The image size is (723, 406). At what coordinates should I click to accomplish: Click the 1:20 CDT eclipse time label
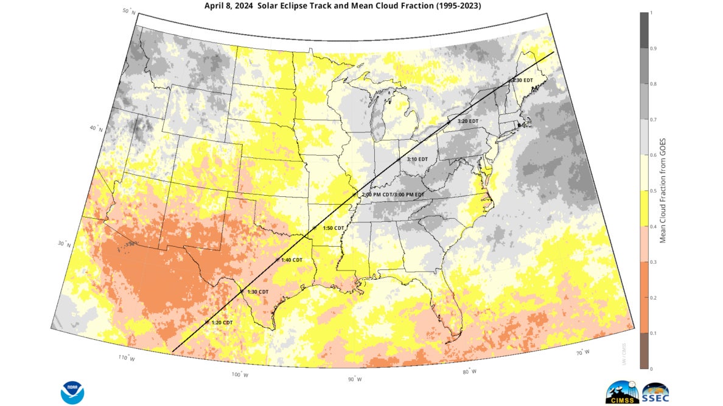(222, 322)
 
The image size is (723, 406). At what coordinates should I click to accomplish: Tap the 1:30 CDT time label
(257, 292)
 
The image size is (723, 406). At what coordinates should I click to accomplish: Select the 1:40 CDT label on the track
(292, 260)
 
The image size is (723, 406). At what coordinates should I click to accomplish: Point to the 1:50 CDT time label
(334, 228)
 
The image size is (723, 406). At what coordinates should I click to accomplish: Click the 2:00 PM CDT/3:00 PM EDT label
(393, 194)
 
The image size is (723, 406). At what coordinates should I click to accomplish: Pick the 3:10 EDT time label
(417, 159)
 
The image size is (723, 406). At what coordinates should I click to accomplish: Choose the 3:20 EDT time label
(468, 121)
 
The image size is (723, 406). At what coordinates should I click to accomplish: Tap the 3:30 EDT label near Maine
(523, 80)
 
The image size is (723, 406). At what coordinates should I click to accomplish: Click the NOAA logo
(72, 392)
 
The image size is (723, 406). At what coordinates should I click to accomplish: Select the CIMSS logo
(621, 393)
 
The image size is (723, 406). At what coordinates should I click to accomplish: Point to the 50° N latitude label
(129, 11)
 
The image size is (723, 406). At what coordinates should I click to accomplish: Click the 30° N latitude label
(63, 244)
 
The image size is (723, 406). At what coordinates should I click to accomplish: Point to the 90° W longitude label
(354, 379)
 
